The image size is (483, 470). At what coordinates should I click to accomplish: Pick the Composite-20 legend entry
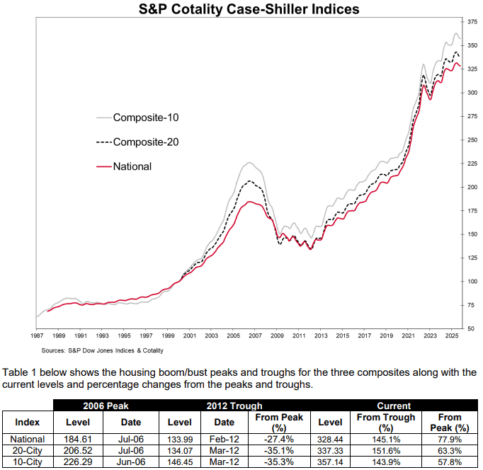click(x=146, y=142)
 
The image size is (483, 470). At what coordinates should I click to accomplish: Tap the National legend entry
click(x=132, y=166)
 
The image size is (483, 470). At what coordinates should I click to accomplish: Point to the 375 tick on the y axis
click(x=472, y=23)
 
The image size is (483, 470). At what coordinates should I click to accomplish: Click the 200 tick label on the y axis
click(x=472, y=187)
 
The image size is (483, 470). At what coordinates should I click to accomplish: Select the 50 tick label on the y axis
click(x=472, y=327)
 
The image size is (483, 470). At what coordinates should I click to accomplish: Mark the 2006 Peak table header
click(x=101, y=406)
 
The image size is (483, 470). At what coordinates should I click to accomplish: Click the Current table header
click(x=394, y=406)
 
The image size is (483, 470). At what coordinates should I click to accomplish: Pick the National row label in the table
click(x=28, y=439)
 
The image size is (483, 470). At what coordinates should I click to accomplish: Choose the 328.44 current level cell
click(x=330, y=439)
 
